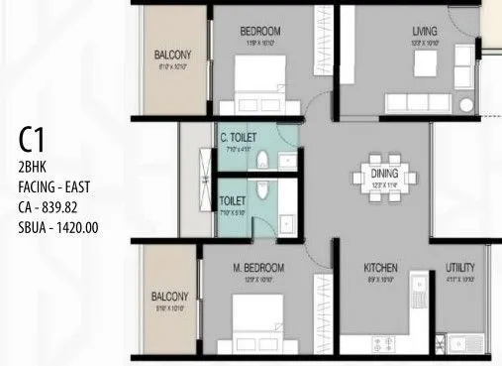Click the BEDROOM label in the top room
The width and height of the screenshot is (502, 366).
[260, 31]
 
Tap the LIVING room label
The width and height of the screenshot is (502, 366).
[425, 31]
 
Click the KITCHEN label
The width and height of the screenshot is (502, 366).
[380, 268]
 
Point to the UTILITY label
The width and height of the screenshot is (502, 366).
[460, 268]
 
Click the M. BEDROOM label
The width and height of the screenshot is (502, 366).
[257, 268]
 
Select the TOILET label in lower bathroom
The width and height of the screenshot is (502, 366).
[233, 199]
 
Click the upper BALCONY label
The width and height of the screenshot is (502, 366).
[172, 55]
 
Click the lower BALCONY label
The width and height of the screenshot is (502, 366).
[169, 296]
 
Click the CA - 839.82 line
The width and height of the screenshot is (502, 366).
[52, 208]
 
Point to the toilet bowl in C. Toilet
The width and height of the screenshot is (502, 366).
[260, 160]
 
